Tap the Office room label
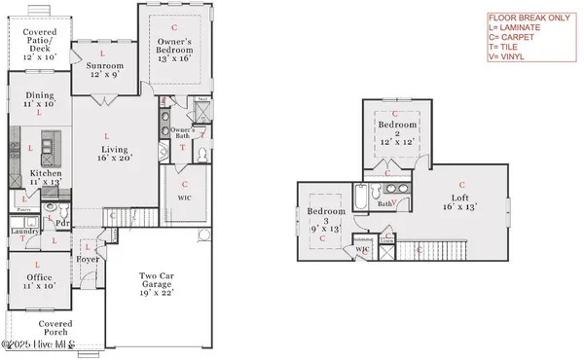40,281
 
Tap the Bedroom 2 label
397,134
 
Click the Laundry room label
24,233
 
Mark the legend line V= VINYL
511,57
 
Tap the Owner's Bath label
182,134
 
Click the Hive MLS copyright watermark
41,345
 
